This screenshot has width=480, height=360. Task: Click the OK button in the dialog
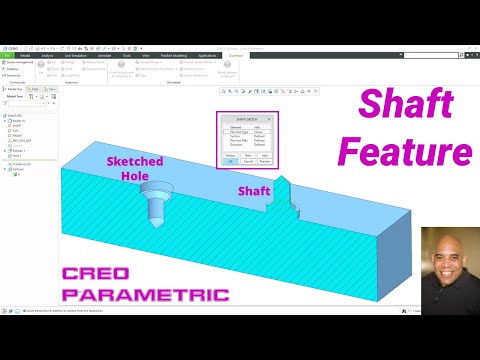coord(229,161)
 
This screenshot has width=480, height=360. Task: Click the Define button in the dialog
coord(229,154)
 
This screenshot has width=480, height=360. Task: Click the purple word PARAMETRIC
coord(145,296)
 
